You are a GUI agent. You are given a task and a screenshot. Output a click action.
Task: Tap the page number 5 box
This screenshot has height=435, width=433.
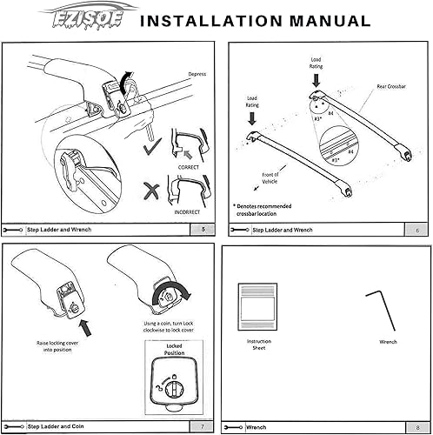[x=203, y=230]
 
